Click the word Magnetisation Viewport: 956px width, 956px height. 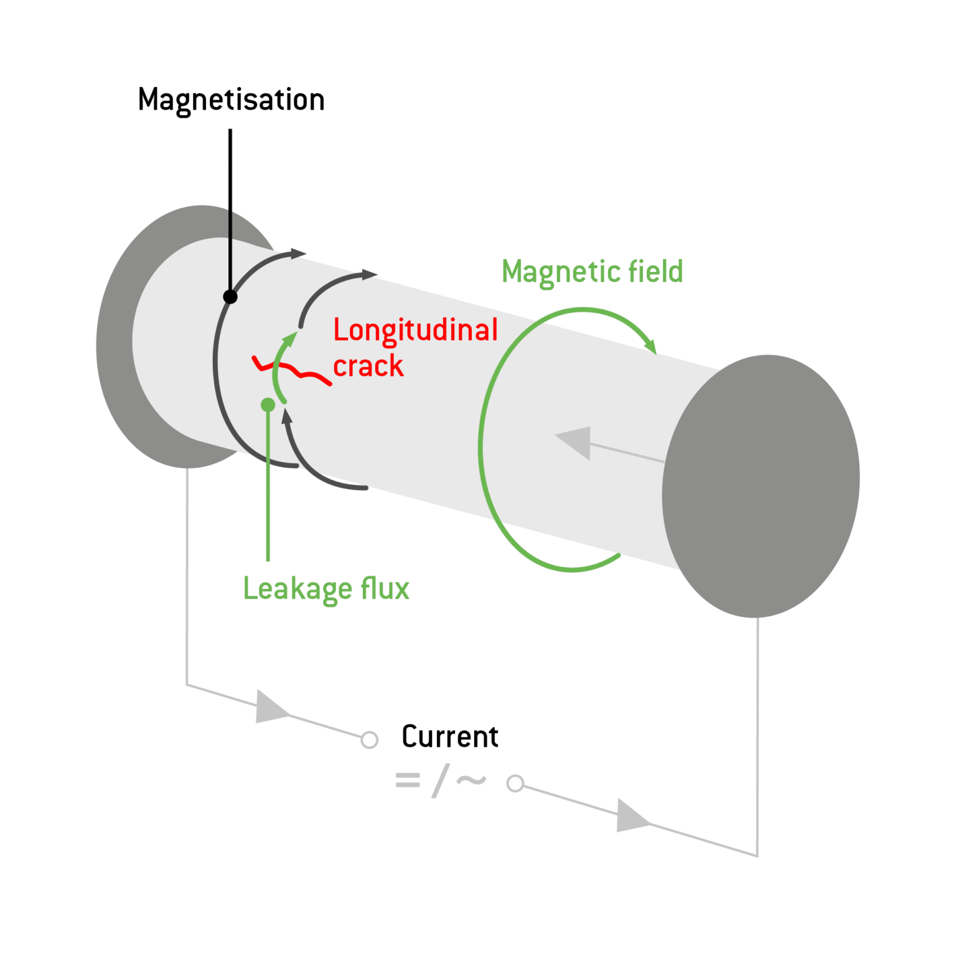coord(231,100)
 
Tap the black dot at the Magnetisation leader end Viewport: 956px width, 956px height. coord(230,297)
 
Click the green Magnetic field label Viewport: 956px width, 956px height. coord(592,272)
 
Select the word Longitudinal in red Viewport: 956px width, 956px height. coord(415,330)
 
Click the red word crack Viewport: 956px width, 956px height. coord(368,366)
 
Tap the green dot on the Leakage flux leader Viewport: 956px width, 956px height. coord(268,405)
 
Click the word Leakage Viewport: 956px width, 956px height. coord(297,589)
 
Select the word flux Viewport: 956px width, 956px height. coord(385,588)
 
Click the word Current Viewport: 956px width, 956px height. coord(450,737)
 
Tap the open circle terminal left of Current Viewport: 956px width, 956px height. coord(370,739)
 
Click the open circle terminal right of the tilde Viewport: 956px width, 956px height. coord(515,783)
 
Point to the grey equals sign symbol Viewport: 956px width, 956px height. coord(408,780)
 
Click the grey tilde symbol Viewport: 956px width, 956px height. coord(471,780)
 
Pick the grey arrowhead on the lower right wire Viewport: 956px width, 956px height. coord(630,816)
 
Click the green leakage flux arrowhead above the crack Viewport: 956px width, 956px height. coord(289,340)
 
